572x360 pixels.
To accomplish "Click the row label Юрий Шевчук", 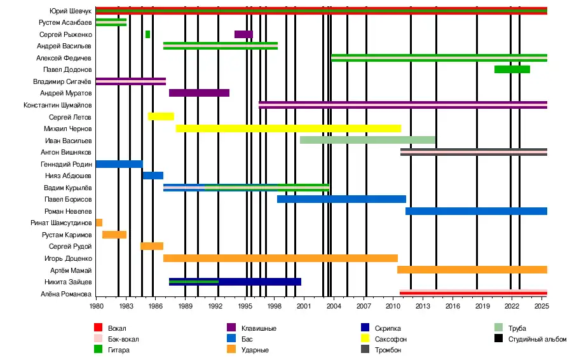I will tap(70, 11).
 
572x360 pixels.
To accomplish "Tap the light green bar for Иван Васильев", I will tap(367, 140).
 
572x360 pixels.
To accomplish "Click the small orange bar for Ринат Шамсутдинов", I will tap(99, 223).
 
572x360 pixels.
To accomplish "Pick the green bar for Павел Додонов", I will tap(512, 69).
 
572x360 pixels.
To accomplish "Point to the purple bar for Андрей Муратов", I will tap(199, 93).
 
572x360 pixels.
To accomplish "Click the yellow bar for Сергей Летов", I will tap(161, 116).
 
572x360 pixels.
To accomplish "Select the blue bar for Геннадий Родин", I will tap(119, 164).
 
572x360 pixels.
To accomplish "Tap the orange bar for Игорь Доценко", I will tap(280, 258).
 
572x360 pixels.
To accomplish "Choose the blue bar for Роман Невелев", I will tap(476, 211).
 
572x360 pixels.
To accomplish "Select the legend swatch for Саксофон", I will tap(365, 339).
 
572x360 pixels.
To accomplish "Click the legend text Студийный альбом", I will tap(537, 339).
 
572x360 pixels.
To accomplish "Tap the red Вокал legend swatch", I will tap(99, 328).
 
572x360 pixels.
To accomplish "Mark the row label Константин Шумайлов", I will tap(57, 105).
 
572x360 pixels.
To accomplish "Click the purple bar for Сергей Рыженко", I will tap(243, 34).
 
